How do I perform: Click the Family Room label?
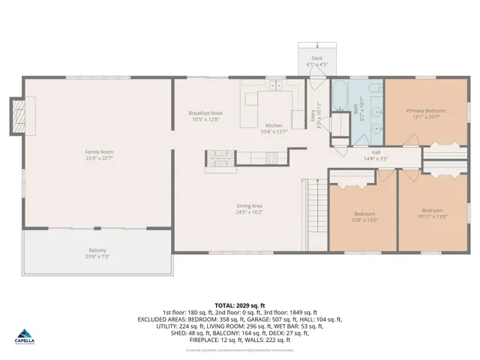[99, 152]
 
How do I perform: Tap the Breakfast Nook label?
[205, 113]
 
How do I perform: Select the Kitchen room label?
[274, 126]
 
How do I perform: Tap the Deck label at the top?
[316, 58]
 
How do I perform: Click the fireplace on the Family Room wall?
[16, 116]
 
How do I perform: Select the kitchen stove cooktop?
[271, 157]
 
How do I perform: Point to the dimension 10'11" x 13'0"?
[433, 217]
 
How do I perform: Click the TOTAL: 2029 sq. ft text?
[239, 305]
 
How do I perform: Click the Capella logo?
[25, 337]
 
